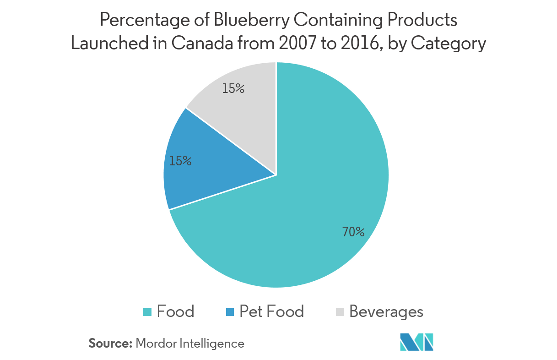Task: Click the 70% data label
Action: tap(353, 232)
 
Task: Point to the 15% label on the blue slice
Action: tap(180, 161)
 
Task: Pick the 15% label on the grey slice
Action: tap(233, 88)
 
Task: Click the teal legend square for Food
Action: tap(147, 312)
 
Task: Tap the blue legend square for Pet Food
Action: tap(230, 312)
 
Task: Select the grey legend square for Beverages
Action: tap(340, 312)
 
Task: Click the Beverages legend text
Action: tap(386, 312)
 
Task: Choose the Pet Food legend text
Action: tap(271, 312)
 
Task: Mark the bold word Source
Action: tap(110, 344)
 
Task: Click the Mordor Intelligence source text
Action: tap(190, 344)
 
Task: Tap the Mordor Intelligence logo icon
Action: tap(416, 342)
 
